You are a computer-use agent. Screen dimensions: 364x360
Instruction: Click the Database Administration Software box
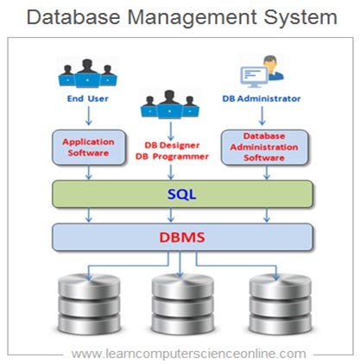point(264,147)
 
